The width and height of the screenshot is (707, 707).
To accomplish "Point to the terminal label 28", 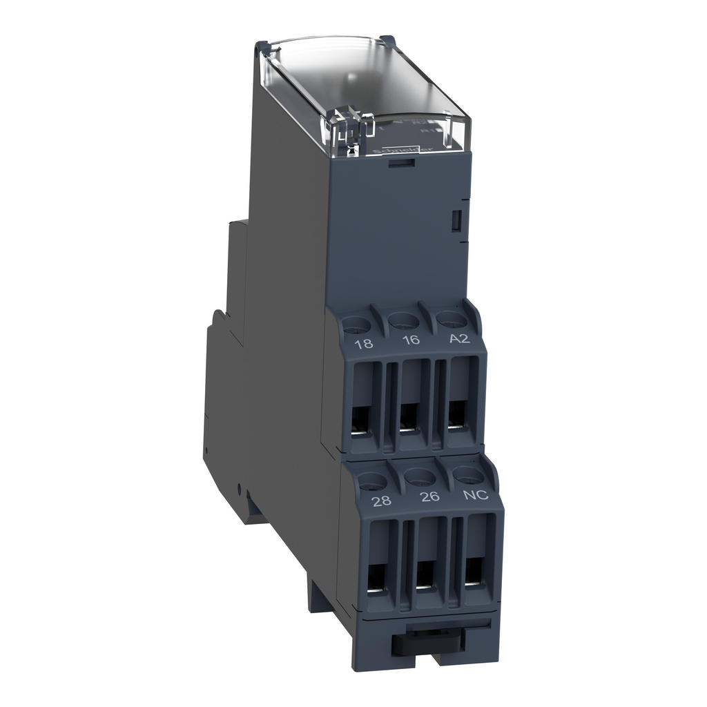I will click(x=380, y=501).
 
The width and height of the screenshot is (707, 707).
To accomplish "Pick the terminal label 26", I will click(x=429, y=497).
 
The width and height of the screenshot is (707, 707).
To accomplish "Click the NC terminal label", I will click(x=477, y=494).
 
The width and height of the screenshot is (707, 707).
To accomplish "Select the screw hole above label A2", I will click(x=450, y=318).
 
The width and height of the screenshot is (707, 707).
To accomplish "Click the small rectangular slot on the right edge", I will click(x=456, y=220).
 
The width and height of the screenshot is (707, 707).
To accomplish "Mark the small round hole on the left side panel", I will click(x=239, y=490).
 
